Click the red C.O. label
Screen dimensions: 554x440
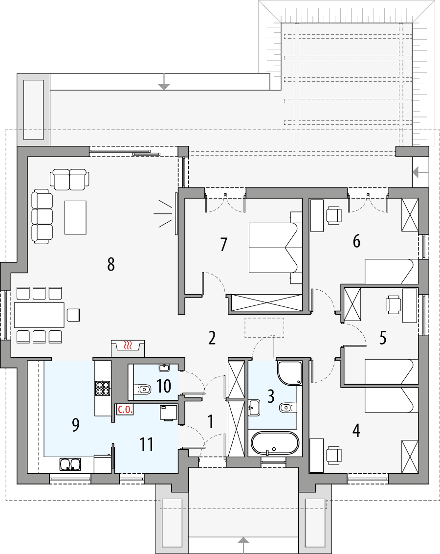coord(125,410)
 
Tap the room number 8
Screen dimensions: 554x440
coord(111,265)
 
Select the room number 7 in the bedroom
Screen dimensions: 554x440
coord(224,244)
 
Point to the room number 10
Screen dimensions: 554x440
coord(164,386)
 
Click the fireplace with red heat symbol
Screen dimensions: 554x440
coord(128,346)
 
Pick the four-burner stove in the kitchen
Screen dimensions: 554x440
coord(103,388)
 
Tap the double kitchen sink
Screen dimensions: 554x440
coord(70,463)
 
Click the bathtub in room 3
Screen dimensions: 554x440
coord(274,443)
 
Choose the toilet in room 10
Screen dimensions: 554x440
coord(144,390)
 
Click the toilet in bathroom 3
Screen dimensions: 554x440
coord(286,407)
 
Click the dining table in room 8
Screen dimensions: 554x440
coord(39,315)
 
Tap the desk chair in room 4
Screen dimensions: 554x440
coord(334,455)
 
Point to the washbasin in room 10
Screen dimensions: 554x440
coord(164,368)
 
